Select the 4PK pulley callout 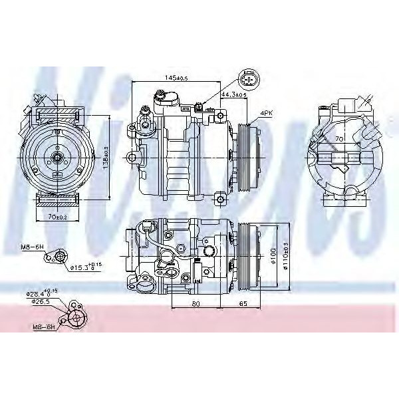(x=266, y=114)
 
